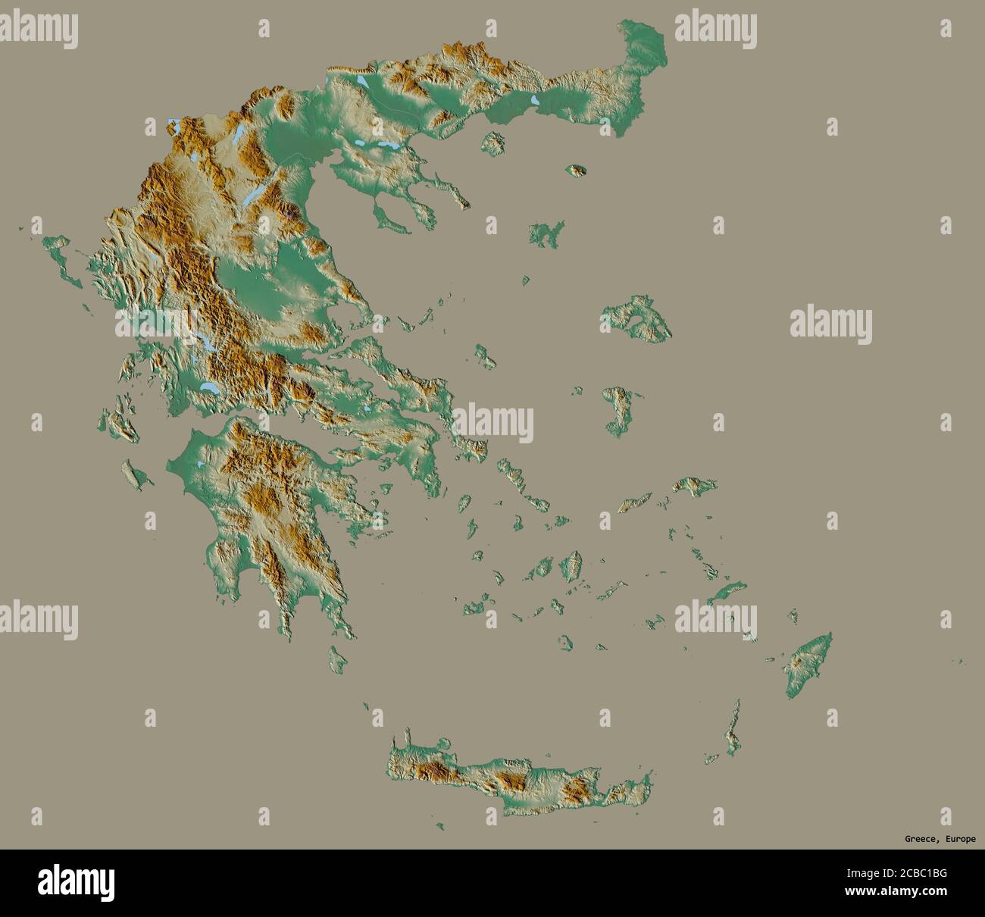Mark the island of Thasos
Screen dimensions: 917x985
493,142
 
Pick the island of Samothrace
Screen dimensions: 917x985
577,171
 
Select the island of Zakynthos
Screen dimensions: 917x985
135,475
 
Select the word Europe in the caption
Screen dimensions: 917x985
958,839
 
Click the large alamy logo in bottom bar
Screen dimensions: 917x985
77,882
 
